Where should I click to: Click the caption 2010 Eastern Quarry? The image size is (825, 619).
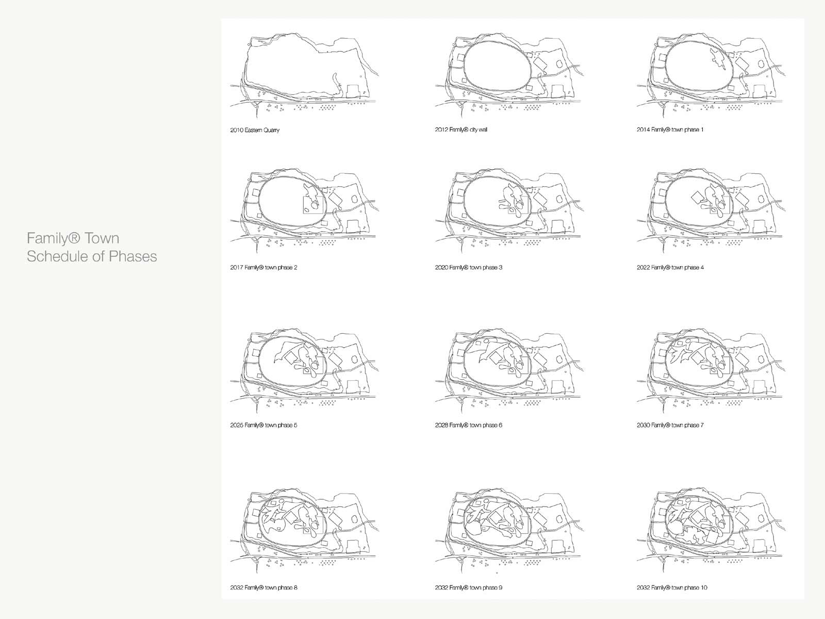(255, 130)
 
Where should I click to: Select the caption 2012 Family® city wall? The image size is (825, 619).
(461, 129)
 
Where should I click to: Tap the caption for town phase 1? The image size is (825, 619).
(670, 129)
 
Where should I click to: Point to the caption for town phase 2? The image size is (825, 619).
(263, 268)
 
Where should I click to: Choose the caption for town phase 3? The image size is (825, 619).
(469, 268)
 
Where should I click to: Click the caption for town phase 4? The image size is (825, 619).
(670, 268)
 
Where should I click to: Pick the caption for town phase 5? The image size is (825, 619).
(263, 426)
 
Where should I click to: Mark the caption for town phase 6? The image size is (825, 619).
(469, 426)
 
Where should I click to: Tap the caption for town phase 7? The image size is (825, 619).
(670, 426)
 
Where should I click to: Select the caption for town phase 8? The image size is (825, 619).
(263, 588)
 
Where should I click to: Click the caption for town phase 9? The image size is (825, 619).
(469, 588)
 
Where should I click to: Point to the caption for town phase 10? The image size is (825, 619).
(672, 588)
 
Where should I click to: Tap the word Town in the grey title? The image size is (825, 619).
(102, 239)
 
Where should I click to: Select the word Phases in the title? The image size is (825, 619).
(133, 257)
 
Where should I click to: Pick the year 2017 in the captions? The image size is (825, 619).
(236, 268)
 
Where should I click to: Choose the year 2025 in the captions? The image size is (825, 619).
(236, 426)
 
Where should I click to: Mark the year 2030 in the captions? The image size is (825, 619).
(643, 426)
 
